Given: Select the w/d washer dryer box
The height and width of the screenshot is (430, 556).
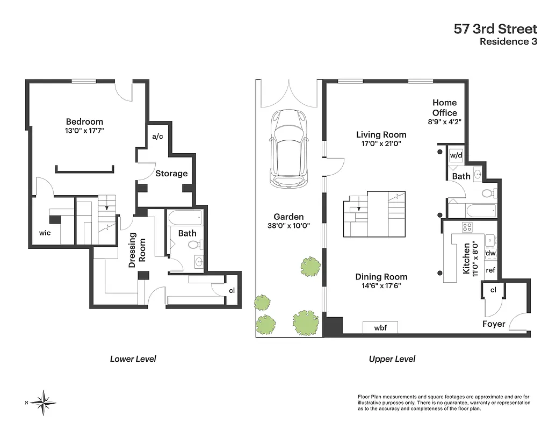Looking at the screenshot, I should pos(456,155).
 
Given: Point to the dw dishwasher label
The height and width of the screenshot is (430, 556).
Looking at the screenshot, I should pos(490,253).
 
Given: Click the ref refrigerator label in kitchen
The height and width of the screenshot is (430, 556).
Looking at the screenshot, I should pos(490,270).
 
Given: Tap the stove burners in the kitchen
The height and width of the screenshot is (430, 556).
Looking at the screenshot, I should pos(467,227).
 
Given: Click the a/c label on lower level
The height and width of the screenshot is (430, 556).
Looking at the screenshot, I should pos(157,137).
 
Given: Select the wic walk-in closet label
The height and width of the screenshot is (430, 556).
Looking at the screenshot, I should pos(45,233).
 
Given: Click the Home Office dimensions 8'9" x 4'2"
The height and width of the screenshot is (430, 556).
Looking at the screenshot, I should pos(444,122).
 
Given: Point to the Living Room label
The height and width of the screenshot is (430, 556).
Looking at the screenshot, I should pos(381,135).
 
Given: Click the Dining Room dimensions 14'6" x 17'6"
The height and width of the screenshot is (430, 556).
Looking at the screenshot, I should pos(381,286).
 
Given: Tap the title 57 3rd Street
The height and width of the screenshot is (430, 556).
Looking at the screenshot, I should pos(495,28).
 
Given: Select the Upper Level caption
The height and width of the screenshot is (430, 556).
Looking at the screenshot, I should pos(392,359).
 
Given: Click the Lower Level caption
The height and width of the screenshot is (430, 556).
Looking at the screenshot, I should pos(133,359).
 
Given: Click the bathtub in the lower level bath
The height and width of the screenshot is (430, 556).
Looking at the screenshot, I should pos(185,218).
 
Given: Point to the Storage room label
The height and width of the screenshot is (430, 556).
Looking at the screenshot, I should pos(171,174).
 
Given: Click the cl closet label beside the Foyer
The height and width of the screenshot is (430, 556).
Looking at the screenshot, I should pos(493,290).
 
